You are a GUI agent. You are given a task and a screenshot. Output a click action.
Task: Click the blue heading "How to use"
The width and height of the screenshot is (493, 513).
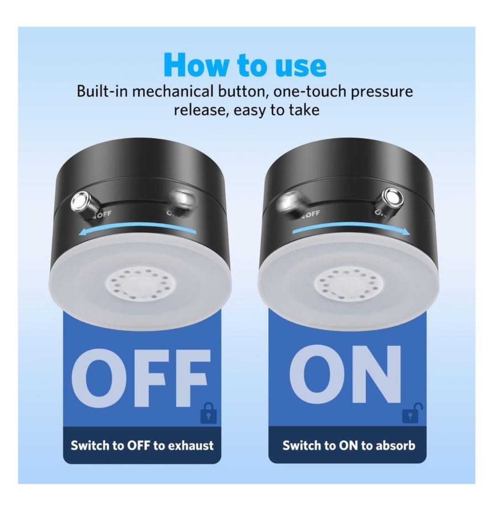click(x=245, y=65)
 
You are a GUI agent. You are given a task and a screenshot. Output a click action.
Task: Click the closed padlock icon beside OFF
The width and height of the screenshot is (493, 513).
click(x=209, y=413)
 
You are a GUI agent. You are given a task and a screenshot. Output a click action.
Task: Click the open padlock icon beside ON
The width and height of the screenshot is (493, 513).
click(x=412, y=413)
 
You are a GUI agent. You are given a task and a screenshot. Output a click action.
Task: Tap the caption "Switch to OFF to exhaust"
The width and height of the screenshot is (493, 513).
click(x=142, y=445)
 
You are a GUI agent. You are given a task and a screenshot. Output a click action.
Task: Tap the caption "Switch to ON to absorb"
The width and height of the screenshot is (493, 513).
click(x=349, y=445)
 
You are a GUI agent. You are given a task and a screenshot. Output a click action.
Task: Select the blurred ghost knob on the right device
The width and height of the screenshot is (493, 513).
click(x=289, y=204)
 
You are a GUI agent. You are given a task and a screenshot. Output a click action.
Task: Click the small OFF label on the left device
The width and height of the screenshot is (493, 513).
click(x=105, y=215)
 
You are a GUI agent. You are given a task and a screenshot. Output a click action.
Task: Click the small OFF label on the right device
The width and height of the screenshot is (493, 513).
click(x=312, y=214)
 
